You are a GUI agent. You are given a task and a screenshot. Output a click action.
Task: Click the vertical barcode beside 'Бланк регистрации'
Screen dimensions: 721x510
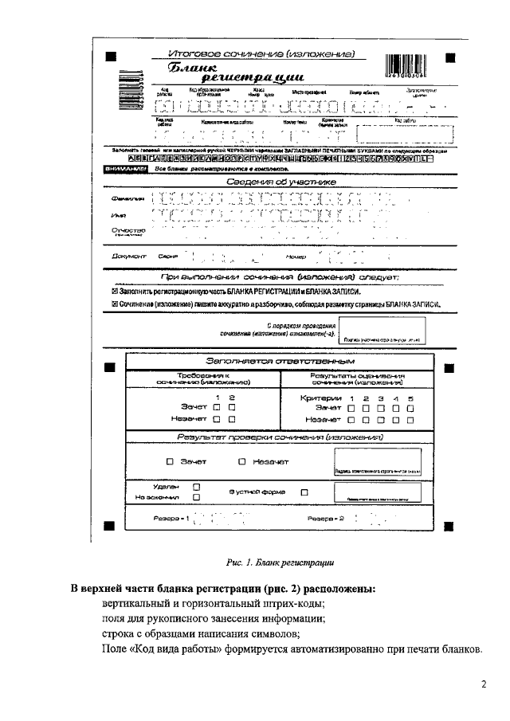130,83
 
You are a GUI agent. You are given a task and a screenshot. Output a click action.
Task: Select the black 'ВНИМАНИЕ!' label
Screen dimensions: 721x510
127,169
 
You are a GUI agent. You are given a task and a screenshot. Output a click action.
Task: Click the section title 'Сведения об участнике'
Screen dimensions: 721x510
281,182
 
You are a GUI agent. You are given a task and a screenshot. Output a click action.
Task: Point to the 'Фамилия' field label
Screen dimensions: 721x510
127,198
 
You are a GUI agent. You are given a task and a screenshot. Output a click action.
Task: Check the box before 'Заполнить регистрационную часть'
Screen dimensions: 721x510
115,292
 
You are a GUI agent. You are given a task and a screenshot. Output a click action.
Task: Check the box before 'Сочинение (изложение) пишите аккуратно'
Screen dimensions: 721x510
115,304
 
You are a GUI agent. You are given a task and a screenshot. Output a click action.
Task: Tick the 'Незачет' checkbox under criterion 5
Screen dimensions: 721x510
410,418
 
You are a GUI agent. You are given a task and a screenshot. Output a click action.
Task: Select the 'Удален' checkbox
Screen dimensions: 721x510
196,485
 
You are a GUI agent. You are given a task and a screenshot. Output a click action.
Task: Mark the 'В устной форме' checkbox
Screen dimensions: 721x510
304,492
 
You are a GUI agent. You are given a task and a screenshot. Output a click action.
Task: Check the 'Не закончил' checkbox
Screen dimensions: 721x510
196,496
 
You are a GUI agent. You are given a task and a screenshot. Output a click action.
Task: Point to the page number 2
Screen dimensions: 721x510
483,684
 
